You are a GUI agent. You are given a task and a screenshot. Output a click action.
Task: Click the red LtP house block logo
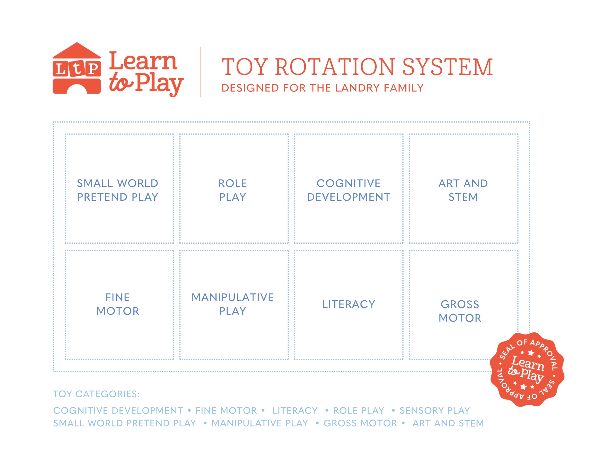77,68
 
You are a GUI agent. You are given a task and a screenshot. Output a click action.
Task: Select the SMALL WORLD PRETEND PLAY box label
118,190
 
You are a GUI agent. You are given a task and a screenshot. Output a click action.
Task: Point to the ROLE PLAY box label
233,190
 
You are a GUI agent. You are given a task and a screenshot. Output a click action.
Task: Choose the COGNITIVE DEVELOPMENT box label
348,190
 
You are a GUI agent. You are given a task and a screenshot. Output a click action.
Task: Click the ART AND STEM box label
463,190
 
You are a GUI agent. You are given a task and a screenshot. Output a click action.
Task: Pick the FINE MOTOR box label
118,304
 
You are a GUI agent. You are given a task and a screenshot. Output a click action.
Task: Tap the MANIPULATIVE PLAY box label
233,304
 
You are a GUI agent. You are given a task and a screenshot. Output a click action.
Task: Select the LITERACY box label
348,304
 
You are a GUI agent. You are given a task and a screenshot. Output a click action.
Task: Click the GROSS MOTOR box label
460,311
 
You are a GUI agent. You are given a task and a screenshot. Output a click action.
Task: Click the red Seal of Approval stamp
527,369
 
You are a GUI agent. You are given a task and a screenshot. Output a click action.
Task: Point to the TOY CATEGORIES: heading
96,394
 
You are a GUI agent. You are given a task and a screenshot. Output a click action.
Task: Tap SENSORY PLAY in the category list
435,410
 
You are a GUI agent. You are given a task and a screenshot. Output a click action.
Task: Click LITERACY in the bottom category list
295,410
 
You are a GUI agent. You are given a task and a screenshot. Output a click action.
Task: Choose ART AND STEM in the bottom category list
448,423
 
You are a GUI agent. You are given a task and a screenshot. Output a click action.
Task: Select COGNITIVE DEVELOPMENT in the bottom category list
118,410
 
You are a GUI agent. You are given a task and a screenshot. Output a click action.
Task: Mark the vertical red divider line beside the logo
201,72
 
